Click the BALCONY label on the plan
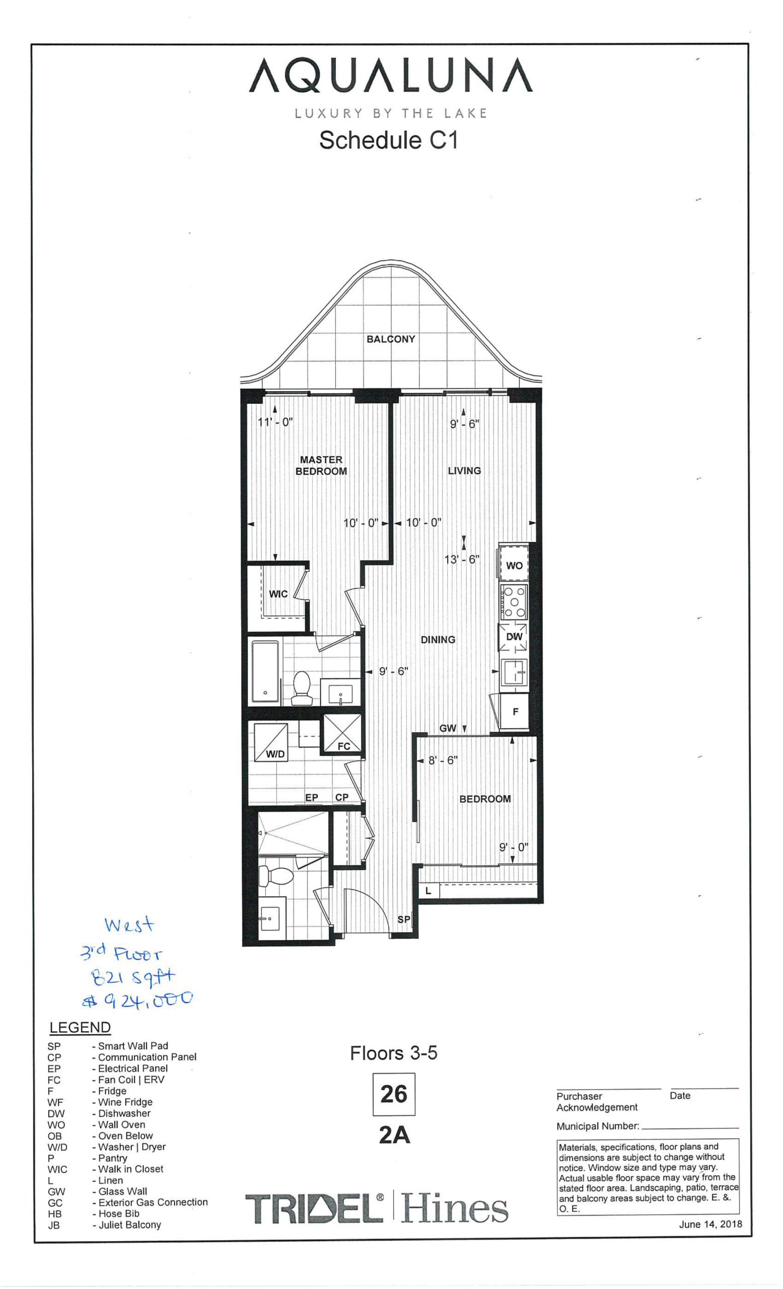(x=391, y=339)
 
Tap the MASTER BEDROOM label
(x=321, y=465)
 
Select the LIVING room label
(x=464, y=471)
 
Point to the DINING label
(x=438, y=639)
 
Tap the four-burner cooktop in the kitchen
(x=514, y=602)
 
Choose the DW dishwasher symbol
(x=514, y=636)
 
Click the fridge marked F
(x=515, y=711)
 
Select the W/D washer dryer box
(x=271, y=742)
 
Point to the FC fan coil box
(x=342, y=734)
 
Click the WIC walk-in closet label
(x=278, y=594)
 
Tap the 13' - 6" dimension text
(x=461, y=559)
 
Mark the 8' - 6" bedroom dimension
(x=443, y=760)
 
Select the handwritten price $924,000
(x=138, y=999)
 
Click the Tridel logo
(x=314, y=1208)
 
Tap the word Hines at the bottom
(x=455, y=1208)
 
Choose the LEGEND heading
(x=80, y=1028)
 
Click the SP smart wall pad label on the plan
(x=404, y=919)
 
